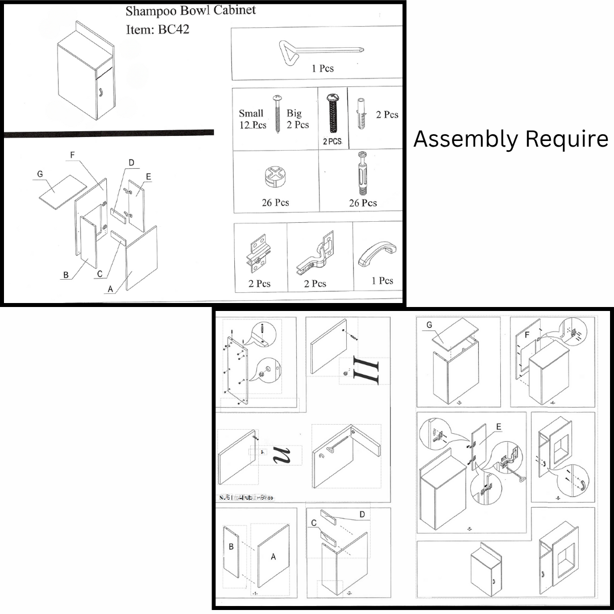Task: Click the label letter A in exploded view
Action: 110,289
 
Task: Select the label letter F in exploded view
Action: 72,153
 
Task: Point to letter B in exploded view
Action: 67,276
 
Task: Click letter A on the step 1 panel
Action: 273,557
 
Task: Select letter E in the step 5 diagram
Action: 499,427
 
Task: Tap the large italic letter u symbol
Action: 282,455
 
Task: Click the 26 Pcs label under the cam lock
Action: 275,203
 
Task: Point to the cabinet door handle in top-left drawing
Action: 98,93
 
